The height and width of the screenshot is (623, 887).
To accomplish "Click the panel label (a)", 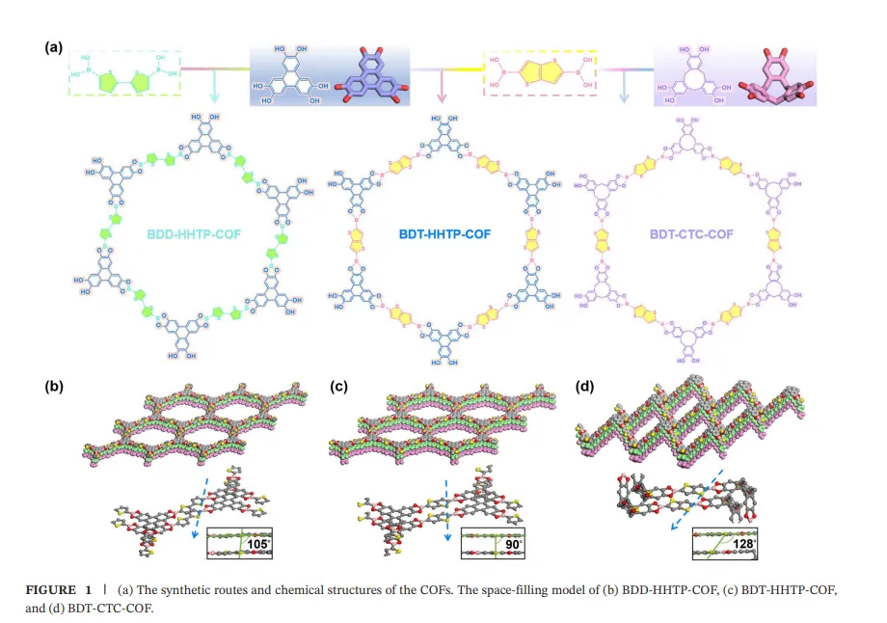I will pyautogui.click(x=55, y=46).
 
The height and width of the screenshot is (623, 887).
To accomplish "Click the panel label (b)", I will pyautogui.click(x=55, y=387).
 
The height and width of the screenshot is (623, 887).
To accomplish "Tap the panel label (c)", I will pyautogui.click(x=339, y=387).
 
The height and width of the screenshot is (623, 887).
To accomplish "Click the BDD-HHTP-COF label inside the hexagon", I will pyautogui.click(x=193, y=233).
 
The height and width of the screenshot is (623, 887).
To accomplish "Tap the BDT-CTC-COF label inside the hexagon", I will pyautogui.click(x=687, y=233).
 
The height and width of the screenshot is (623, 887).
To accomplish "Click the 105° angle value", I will pyautogui.click(x=257, y=544).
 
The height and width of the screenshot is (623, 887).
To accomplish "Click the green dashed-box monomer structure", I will pyautogui.click(x=124, y=74).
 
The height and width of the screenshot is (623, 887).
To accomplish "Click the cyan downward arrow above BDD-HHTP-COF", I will pyautogui.click(x=214, y=90).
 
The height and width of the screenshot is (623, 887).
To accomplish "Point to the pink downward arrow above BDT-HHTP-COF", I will pyautogui.click(x=442, y=90).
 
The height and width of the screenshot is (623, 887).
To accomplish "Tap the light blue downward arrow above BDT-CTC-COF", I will pyautogui.click(x=625, y=90).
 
